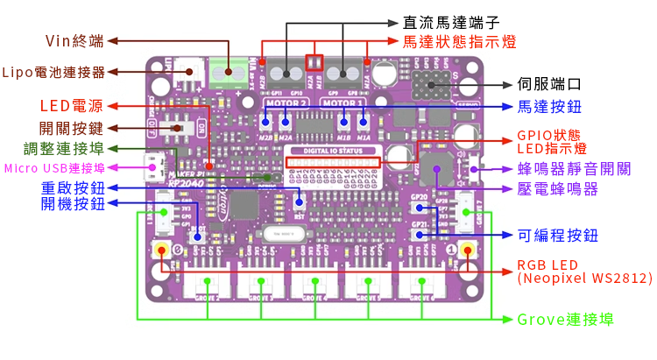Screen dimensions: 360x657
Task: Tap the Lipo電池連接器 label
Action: point(53,72)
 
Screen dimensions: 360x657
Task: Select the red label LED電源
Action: point(71,107)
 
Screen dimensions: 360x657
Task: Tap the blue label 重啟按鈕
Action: point(73,187)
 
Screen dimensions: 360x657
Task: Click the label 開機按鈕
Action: point(73,204)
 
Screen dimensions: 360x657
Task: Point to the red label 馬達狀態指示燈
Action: point(458,41)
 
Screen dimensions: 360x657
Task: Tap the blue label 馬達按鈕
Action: point(549,107)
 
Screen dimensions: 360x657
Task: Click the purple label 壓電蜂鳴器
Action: point(557,188)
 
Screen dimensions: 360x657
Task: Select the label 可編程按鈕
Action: point(557,236)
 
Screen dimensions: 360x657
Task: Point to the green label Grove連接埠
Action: point(565,320)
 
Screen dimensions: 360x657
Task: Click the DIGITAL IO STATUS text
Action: point(335,151)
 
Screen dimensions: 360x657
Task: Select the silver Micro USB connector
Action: point(155,166)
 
